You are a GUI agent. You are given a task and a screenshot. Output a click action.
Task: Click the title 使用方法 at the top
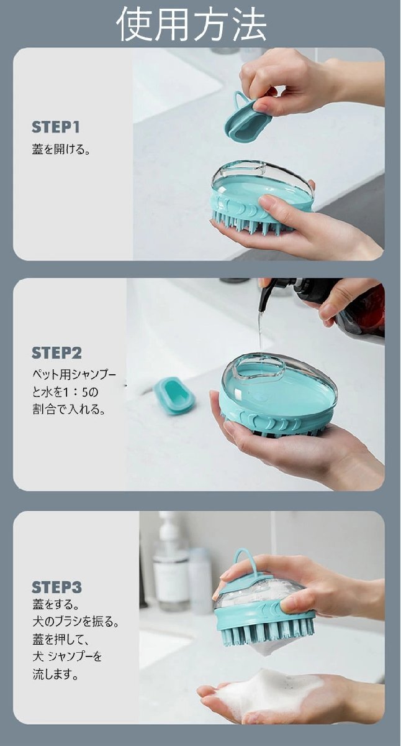coord(192,24)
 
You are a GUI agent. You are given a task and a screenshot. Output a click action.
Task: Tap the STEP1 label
coord(56,127)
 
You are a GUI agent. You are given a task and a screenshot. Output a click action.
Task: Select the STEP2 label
coord(56,353)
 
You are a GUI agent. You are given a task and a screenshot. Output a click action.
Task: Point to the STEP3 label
coord(56,587)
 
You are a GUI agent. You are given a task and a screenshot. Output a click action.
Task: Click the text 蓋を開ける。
coord(61,149)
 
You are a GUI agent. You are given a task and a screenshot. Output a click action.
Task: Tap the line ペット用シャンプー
coord(74,375)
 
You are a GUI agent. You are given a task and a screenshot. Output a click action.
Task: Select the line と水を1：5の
coord(65,392)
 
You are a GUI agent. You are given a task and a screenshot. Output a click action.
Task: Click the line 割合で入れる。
coord(69,409)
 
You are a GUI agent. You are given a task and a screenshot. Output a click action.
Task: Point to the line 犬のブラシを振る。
coord(76,622)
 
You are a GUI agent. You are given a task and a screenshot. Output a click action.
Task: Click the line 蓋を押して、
coord(60,639)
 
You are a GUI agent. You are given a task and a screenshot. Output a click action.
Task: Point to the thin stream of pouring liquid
coord(260,329)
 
